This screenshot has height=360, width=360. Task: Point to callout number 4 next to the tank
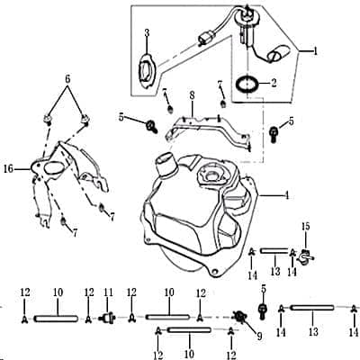285,193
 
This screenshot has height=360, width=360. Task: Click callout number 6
66,78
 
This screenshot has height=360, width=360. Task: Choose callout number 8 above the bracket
190,94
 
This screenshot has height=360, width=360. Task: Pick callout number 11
109,292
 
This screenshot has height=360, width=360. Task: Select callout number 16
9,167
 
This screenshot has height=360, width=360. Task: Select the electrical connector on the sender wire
204,40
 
